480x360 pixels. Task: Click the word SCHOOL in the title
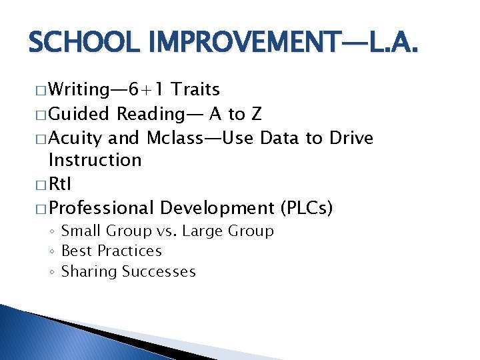(73, 44)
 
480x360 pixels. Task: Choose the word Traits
(196, 90)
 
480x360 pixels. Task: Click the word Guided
(80, 114)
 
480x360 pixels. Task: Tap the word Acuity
(76, 138)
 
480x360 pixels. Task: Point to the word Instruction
(95, 160)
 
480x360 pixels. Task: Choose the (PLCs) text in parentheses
(307, 209)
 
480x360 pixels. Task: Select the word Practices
(129, 251)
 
